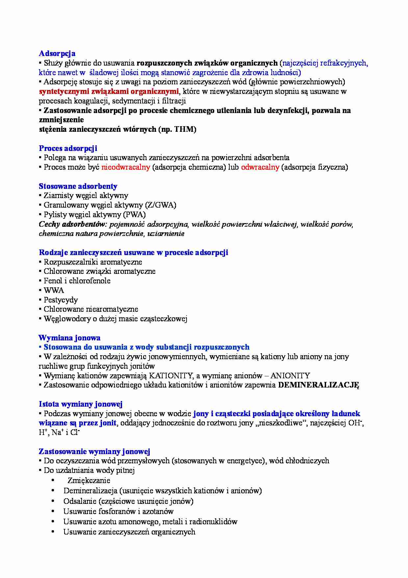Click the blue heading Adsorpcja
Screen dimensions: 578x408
pos(57,53)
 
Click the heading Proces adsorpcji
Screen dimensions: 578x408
pos(68,148)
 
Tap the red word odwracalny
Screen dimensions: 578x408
pos(260,167)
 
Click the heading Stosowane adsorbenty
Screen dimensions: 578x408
pos(78,186)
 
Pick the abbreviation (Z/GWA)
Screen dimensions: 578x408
pos(161,205)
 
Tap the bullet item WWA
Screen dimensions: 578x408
pos(54,290)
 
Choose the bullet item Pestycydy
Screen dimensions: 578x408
pos(61,300)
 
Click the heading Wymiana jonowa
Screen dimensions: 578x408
pos(69,338)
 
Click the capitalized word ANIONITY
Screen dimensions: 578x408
pos(290,376)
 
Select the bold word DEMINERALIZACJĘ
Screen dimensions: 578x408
pos(318,385)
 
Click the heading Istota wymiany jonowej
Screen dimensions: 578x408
pos(81,404)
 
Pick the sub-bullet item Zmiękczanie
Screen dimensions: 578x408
pos(89,480)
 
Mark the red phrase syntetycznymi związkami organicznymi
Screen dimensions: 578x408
pos(109,91)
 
